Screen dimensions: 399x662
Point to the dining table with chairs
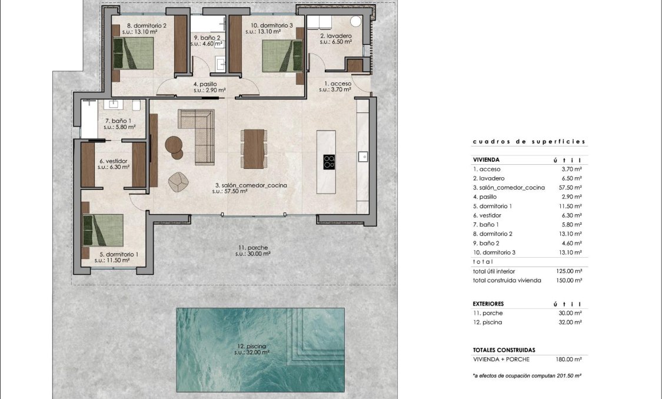[254, 148]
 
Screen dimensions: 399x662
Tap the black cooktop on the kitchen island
[329, 161]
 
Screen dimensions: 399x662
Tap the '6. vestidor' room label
[114, 164]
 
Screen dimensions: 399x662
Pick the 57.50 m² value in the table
[571, 188]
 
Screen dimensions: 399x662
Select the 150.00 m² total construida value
[570, 281]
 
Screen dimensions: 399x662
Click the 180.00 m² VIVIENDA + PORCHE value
[570, 359]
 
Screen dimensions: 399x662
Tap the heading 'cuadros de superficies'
[529, 142]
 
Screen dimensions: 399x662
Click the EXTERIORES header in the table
[488, 304]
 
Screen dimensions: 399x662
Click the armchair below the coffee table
[177, 182]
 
